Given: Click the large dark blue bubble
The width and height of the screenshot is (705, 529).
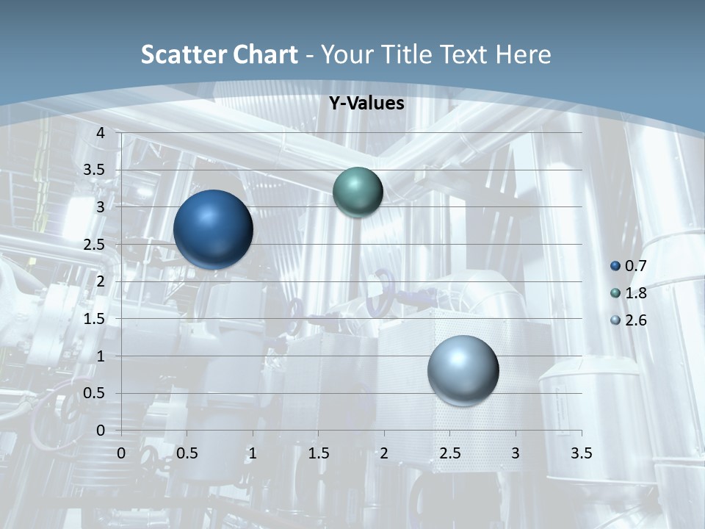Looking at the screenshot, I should pyautogui.click(x=213, y=229).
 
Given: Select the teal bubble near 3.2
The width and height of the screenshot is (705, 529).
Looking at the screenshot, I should pyautogui.click(x=358, y=192).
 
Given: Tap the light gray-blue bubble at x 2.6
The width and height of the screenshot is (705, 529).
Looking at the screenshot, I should pyautogui.click(x=463, y=370).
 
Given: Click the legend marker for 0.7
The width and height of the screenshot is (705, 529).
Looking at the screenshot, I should pyautogui.click(x=615, y=266).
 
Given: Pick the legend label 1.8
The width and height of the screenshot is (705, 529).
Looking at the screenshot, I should pyautogui.click(x=636, y=293).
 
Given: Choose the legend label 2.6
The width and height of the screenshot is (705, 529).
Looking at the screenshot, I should pyautogui.click(x=636, y=320).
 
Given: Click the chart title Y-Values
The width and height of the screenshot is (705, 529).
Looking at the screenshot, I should pyautogui.click(x=366, y=104).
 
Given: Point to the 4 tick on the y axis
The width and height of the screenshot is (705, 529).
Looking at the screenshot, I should pyautogui.click(x=101, y=133).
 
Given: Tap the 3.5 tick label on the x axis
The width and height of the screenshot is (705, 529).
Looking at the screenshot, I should pyautogui.click(x=581, y=453).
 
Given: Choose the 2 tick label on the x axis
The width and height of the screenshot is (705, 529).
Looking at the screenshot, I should pyautogui.click(x=384, y=453).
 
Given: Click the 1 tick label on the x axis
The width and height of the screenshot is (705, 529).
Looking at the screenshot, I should pyautogui.click(x=253, y=453).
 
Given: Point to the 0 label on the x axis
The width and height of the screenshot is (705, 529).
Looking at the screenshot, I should pyautogui.click(x=121, y=453).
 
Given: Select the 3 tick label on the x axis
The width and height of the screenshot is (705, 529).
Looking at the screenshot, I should pyautogui.click(x=516, y=453).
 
